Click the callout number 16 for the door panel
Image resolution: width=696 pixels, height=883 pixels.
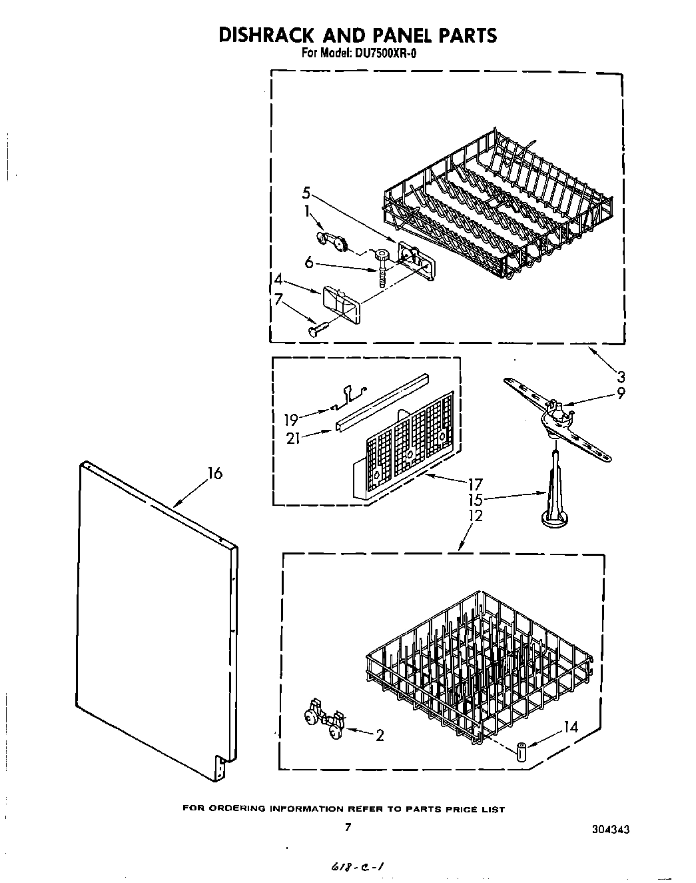(x=214, y=474)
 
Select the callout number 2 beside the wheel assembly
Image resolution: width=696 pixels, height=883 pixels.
(x=380, y=736)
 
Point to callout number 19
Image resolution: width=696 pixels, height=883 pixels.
(x=290, y=419)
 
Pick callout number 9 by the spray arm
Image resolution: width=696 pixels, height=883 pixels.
(x=620, y=393)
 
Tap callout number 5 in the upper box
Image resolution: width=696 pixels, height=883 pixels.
(x=305, y=193)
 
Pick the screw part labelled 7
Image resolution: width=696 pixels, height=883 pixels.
(x=317, y=327)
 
